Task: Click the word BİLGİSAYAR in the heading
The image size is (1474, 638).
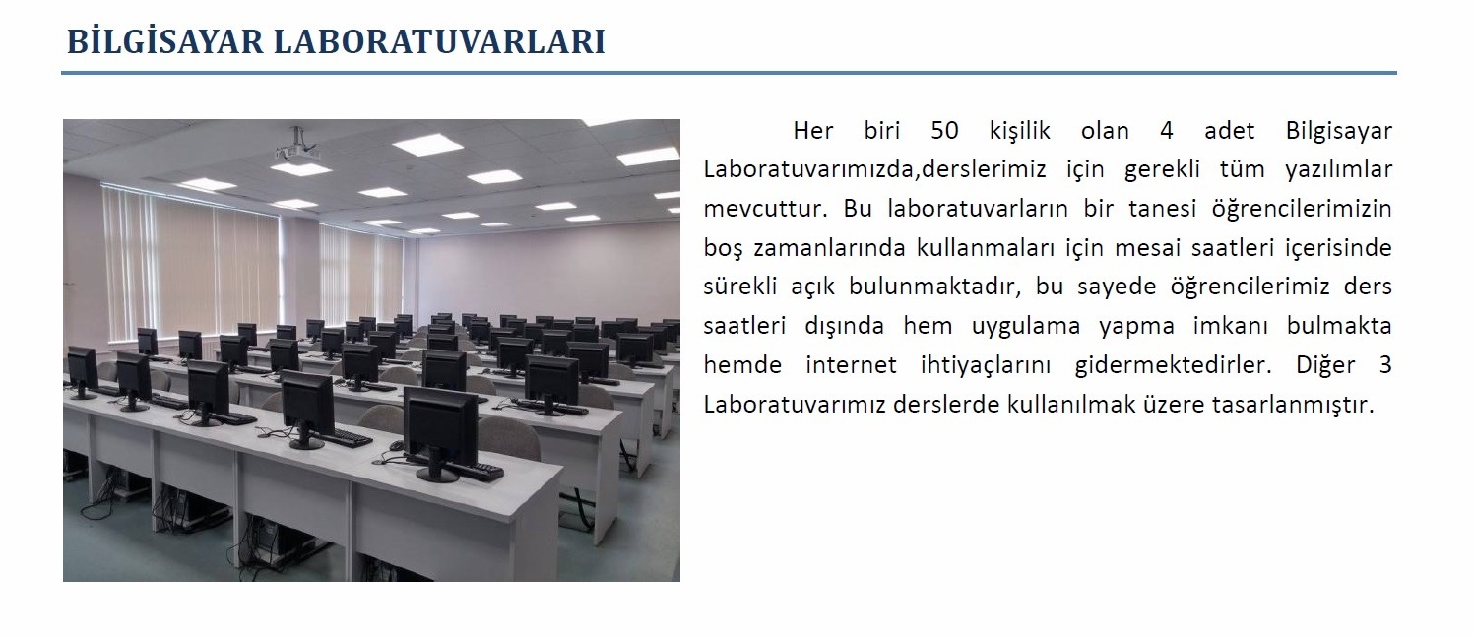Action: pyautogui.click(x=165, y=41)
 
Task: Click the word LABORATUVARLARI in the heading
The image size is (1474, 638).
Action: pyautogui.click(x=439, y=42)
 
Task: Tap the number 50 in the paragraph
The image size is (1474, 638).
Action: pyautogui.click(x=944, y=131)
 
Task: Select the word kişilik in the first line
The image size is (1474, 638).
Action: pyautogui.click(x=1019, y=131)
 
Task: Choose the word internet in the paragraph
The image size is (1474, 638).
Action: pyautogui.click(x=851, y=364)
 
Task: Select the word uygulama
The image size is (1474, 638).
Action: pyautogui.click(x=1026, y=326)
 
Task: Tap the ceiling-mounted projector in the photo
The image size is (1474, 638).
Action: pyautogui.click(x=296, y=149)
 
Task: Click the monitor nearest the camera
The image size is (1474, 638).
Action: pyautogui.click(x=440, y=433)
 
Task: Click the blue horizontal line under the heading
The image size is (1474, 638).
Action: pyautogui.click(x=729, y=72)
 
